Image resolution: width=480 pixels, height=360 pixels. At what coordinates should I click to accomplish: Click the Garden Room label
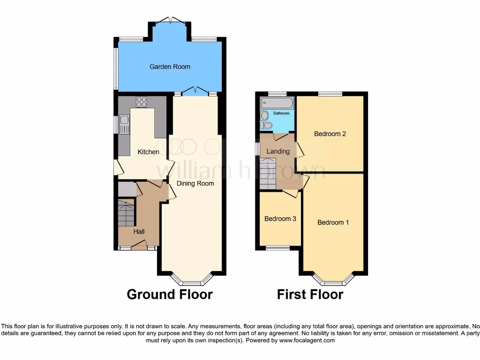click(x=170, y=67)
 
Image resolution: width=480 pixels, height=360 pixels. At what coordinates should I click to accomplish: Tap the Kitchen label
click(x=148, y=152)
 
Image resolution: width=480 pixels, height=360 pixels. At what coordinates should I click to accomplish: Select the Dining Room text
click(x=195, y=183)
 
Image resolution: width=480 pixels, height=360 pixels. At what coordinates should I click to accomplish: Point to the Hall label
click(x=139, y=232)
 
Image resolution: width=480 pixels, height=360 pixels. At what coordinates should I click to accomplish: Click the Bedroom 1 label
click(x=333, y=222)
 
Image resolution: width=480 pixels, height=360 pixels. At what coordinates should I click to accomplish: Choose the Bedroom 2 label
click(x=330, y=134)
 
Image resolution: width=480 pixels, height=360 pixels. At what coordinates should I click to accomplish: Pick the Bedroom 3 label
click(x=280, y=218)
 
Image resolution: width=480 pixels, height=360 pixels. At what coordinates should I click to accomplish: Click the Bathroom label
click(x=282, y=113)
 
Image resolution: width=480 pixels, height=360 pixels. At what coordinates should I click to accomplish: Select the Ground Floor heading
click(x=170, y=294)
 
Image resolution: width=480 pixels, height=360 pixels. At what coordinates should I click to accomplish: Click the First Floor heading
click(x=310, y=294)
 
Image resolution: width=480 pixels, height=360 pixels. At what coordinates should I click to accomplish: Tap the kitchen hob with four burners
click(x=141, y=102)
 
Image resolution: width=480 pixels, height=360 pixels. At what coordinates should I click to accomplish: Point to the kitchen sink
click(x=124, y=124)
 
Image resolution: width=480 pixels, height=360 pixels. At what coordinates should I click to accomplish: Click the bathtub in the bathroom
click(x=277, y=103)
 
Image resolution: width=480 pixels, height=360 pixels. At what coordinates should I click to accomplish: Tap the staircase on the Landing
click(x=268, y=173)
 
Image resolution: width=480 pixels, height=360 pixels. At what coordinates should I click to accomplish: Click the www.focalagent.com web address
click(x=307, y=340)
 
